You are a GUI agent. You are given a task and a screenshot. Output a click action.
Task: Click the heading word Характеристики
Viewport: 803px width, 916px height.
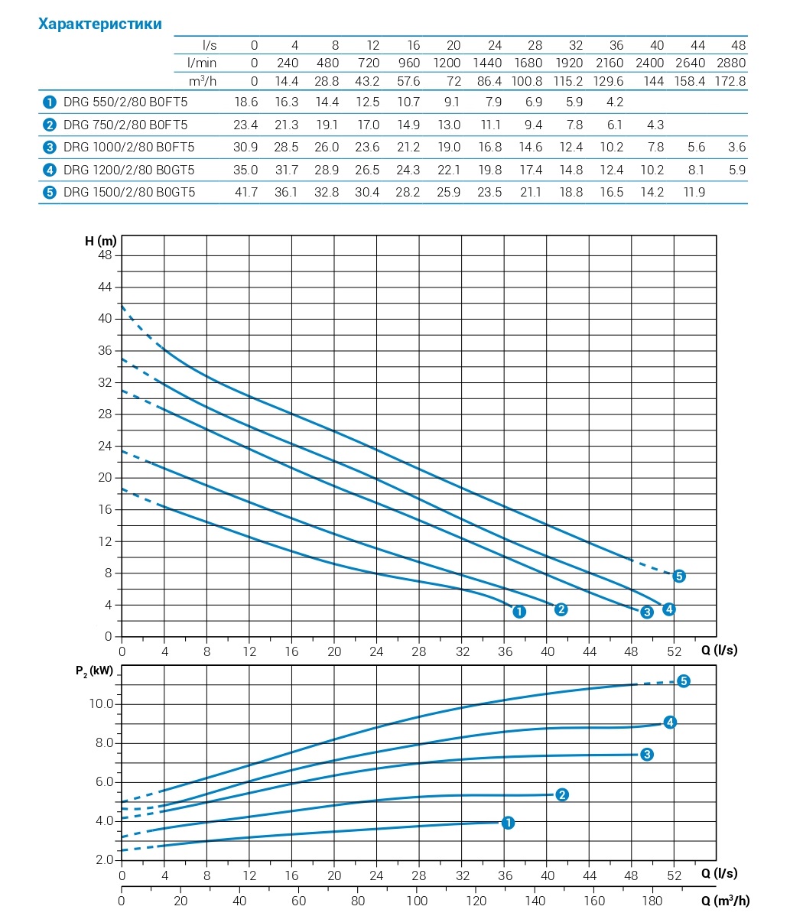click(x=100, y=24)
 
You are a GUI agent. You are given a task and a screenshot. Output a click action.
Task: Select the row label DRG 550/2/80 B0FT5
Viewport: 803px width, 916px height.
click(x=125, y=102)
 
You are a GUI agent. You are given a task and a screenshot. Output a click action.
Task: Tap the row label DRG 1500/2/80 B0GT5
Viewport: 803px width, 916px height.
click(x=129, y=192)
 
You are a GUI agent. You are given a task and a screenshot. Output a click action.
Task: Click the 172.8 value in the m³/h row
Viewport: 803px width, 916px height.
click(x=730, y=80)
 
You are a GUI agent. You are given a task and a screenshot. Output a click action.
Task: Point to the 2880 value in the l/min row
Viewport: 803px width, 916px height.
click(x=732, y=63)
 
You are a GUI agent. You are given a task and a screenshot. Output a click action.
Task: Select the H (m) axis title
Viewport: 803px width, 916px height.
click(x=100, y=241)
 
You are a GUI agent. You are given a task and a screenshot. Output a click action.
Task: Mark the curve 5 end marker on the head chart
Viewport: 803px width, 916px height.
click(x=679, y=576)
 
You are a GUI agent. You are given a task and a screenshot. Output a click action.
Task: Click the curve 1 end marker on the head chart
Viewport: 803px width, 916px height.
click(x=519, y=612)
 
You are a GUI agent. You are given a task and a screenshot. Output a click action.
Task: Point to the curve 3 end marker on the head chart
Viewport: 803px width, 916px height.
click(x=647, y=612)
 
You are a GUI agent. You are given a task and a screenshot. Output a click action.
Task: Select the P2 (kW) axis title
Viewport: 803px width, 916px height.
click(x=95, y=671)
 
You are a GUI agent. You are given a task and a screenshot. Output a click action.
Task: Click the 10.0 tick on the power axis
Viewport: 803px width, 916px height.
click(x=102, y=704)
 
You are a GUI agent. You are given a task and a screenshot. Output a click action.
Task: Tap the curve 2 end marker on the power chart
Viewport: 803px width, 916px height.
click(x=562, y=794)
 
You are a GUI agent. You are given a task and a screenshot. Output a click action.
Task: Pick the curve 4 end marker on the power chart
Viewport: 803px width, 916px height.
click(x=670, y=722)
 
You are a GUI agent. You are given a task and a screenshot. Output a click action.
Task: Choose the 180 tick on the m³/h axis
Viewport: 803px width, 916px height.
click(x=652, y=901)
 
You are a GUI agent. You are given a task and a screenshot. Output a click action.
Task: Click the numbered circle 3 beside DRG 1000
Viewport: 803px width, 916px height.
click(x=50, y=147)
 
